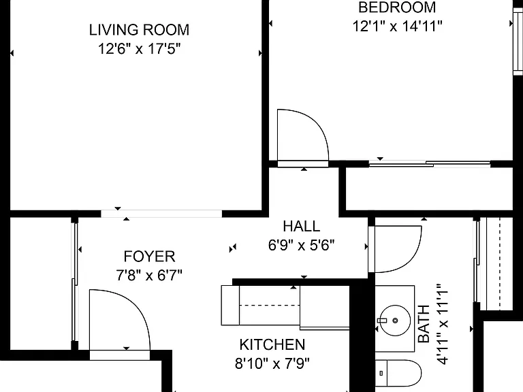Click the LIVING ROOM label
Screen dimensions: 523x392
139,30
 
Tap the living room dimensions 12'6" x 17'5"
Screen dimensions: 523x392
139,49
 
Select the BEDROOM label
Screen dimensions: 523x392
397,7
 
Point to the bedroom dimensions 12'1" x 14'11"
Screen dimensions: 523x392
397,26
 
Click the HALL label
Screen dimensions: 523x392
302,227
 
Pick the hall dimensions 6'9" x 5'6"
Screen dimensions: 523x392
301,245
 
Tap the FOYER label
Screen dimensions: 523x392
149,257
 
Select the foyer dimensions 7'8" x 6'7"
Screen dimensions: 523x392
149,276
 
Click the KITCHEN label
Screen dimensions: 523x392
272,344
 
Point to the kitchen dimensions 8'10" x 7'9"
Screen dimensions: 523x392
272,363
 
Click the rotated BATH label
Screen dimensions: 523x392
424,324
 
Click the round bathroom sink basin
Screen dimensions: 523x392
395,321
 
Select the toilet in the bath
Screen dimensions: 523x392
398,373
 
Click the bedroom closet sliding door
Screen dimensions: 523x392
430,163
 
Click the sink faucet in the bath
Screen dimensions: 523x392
382,321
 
